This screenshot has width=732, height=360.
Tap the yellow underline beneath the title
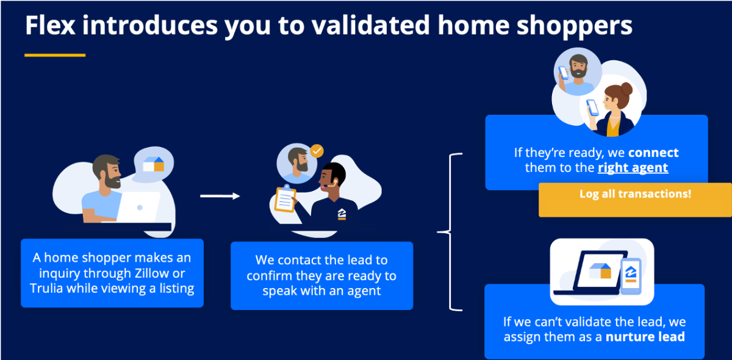[x=55, y=56]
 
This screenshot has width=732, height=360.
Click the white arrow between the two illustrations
[x=220, y=196]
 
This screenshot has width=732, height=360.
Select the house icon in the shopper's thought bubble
[x=154, y=164]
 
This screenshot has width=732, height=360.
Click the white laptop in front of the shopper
[x=138, y=207]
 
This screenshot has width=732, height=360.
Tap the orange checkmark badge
[x=317, y=150]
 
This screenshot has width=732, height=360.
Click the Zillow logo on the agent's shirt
[x=342, y=214]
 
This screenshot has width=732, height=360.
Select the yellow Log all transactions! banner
[x=635, y=195]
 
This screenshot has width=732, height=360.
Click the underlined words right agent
[x=633, y=167]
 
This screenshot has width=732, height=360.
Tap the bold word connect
[x=653, y=153]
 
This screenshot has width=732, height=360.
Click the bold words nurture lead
[x=645, y=337]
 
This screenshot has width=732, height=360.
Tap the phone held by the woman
[x=592, y=107]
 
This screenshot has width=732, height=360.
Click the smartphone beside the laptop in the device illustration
[x=630, y=275]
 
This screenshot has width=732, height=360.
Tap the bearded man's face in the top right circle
[x=576, y=68]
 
